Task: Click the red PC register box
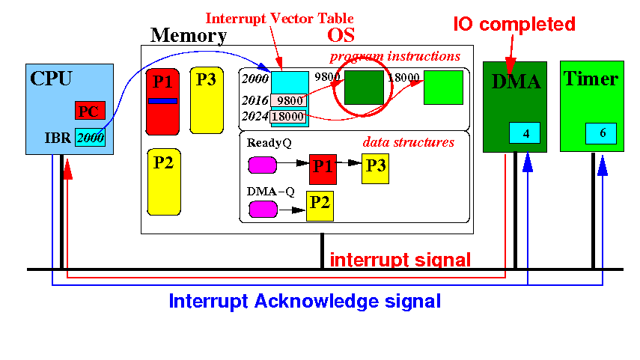91,111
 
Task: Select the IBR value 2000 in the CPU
91,138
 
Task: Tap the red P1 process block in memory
162,102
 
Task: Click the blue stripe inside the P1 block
162,101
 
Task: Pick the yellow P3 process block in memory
207,100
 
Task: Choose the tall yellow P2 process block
164,182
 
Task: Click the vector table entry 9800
289,100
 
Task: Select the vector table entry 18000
287,116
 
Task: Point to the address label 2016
255,100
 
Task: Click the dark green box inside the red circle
364,88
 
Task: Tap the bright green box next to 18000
443,88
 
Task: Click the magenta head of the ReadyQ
263,165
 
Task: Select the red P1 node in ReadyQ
323,169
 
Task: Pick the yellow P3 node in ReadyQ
375,168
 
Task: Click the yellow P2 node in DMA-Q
320,206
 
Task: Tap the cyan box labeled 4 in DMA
525,132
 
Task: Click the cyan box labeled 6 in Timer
601,133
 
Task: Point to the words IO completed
514,25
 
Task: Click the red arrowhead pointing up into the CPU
68,169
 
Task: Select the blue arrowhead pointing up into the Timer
603,165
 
